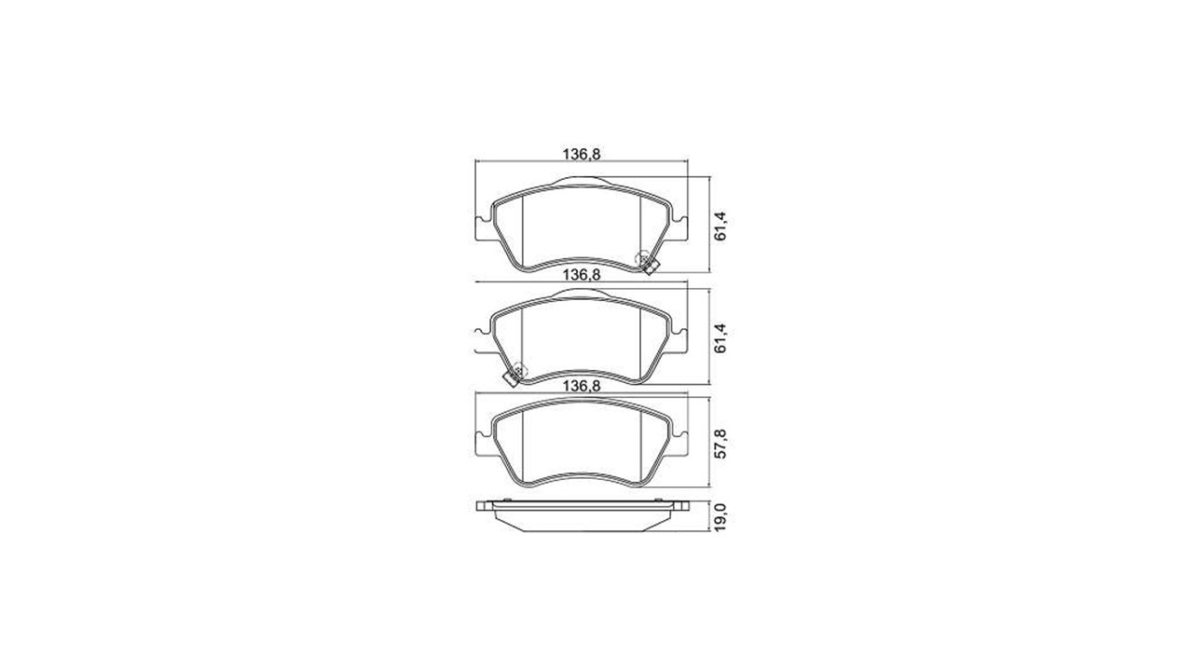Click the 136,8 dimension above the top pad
point(582,155)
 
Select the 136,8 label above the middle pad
point(582,275)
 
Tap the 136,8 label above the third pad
point(582,386)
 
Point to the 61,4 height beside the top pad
point(720,226)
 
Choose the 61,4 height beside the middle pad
point(720,337)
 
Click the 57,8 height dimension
point(720,444)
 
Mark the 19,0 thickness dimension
point(720,516)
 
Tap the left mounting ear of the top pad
point(483,229)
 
